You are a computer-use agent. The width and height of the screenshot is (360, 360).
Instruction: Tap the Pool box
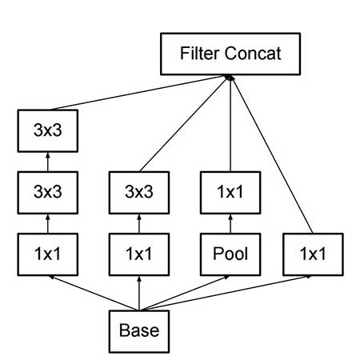[230, 254]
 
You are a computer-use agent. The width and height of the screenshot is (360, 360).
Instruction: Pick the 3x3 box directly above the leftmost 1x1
[50, 192]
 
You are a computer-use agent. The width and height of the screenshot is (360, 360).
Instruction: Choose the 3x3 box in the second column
[139, 192]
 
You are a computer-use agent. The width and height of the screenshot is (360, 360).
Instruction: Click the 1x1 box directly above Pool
[230, 192]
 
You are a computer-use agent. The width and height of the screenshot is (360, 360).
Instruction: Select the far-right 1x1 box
[313, 254]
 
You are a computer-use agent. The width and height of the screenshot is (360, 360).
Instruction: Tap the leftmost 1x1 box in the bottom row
[50, 254]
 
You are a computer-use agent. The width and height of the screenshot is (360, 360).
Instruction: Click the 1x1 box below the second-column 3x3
[139, 254]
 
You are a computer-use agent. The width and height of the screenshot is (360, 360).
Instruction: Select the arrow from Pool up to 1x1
[230, 223]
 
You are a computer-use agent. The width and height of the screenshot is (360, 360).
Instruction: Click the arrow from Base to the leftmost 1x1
[92, 292]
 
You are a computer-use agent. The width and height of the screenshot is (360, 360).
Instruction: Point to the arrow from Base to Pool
[186, 292]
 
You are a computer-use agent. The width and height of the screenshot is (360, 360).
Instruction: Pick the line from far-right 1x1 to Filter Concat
[272, 156]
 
